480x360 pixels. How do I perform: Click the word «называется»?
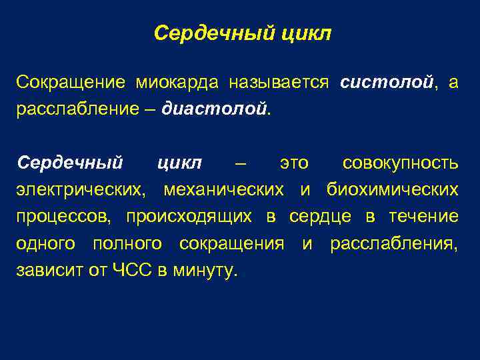279,83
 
